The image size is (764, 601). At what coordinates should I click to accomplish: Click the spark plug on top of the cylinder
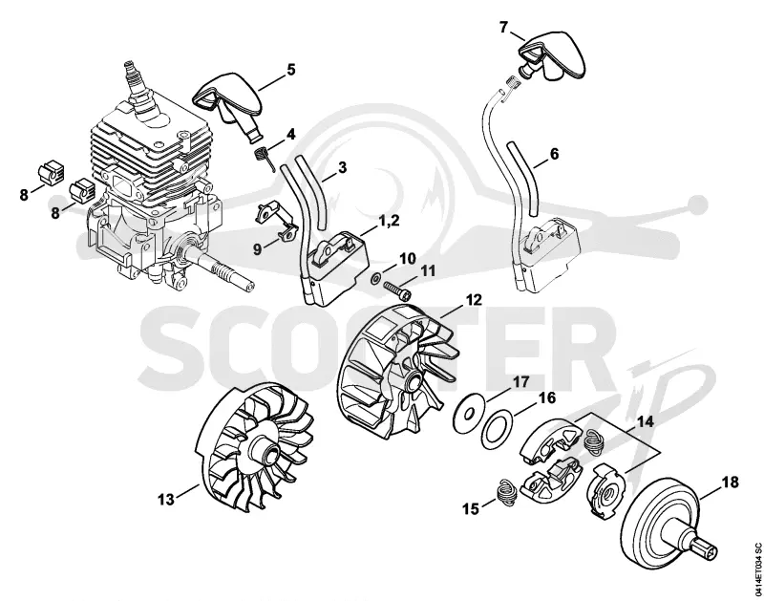pos(140,93)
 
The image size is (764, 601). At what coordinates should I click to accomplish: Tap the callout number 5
pos(291,70)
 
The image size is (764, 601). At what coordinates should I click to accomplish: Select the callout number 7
pos(504,28)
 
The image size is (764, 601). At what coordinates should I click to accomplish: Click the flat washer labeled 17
pos(469,415)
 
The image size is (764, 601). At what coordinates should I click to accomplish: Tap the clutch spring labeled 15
pos(505,495)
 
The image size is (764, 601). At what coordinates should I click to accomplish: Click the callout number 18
pos(730,483)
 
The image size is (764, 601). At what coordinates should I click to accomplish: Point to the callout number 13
pos(166,499)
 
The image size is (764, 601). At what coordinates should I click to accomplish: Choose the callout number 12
pos(473,300)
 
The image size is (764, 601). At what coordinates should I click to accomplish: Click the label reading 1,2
pos(390,221)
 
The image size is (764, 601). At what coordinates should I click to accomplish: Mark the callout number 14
pos(646,421)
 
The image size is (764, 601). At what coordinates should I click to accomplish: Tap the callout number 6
pos(554,154)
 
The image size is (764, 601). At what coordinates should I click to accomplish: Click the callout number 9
pos(258,248)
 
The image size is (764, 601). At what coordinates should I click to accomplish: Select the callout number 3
pos(343,167)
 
